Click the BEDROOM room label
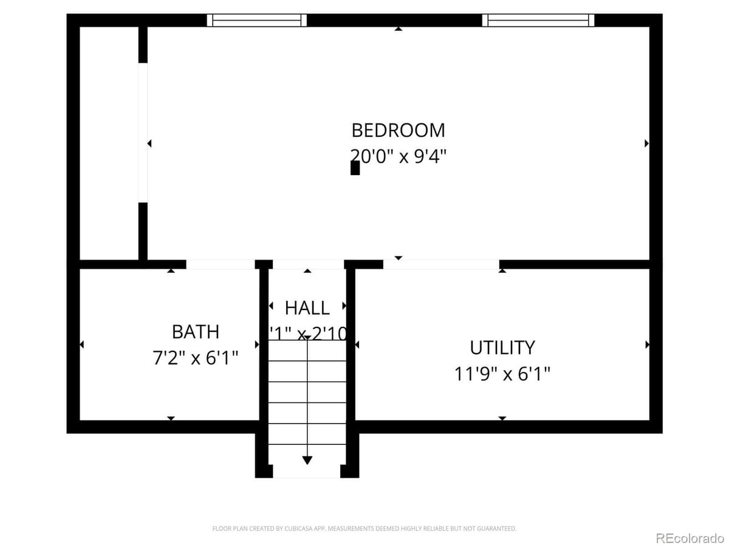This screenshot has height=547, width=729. (398, 130)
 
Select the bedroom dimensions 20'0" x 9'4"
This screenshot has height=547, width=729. (398, 156)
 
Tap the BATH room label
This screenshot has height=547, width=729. (195, 332)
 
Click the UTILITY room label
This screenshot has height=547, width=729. (502, 348)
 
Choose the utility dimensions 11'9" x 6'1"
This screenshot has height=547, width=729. (502, 373)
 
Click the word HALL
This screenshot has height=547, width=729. (307, 308)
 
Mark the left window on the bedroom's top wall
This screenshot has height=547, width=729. (256, 21)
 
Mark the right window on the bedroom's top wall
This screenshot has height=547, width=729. (538, 21)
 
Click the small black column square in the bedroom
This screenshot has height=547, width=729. (355, 168)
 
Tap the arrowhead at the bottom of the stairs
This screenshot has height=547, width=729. (307, 460)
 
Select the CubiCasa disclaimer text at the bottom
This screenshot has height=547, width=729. (364, 529)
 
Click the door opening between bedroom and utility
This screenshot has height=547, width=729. (441, 264)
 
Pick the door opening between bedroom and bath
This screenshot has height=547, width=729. (220, 264)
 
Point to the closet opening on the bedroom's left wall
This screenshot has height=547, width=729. (143, 132)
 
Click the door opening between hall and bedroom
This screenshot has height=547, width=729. (308, 264)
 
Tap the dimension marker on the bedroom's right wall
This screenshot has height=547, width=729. (646, 143)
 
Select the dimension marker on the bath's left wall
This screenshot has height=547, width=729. (82, 345)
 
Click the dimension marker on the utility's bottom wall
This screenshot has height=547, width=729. (502, 418)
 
